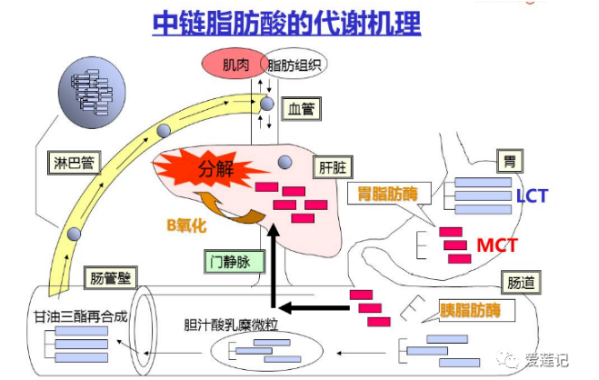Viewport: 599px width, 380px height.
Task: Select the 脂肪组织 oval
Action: tap(295, 65)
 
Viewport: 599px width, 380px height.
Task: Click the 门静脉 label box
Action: tap(232, 261)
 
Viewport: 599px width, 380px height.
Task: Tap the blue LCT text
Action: tap(532, 195)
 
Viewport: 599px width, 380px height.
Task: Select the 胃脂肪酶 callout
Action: tap(384, 194)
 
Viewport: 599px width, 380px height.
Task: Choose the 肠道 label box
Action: tap(517, 283)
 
